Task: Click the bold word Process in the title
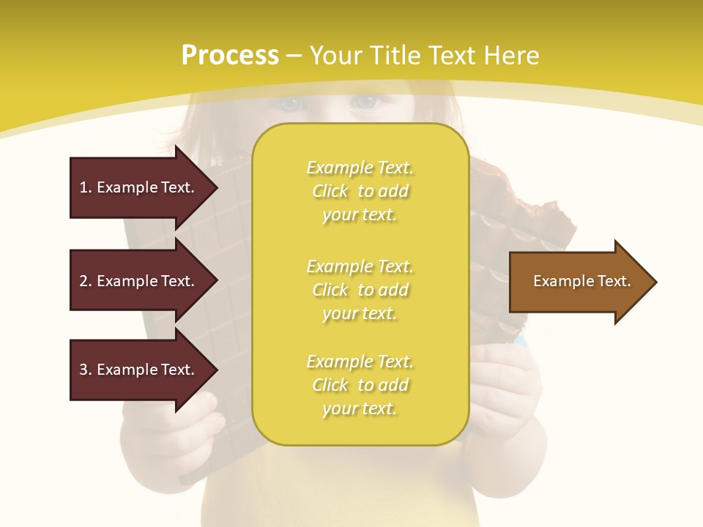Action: pyautogui.click(x=230, y=56)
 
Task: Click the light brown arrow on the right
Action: pyautogui.click(x=579, y=282)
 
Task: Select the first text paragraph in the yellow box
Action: pyautogui.click(x=360, y=191)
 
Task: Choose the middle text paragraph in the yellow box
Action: pyautogui.click(x=360, y=290)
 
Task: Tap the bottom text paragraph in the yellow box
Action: pyautogui.click(x=360, y=385)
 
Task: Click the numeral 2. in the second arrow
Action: pyautogui.click(x=85, y=281)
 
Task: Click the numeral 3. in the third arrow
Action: pyautogui.click(x=85, y=370)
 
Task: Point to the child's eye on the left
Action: pyautogui.click(x=291, y=103)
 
